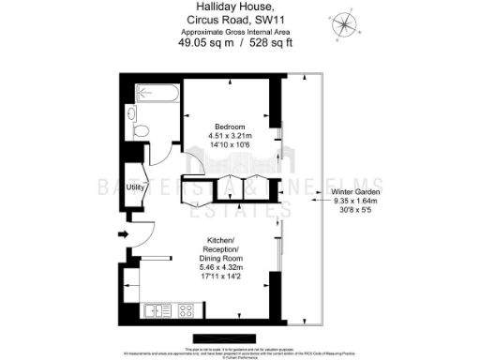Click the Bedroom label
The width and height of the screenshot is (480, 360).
[229, 127]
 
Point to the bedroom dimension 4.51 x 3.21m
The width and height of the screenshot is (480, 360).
[229, 136]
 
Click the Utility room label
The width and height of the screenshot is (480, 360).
[134, 187]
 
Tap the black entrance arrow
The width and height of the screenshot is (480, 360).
[122, 235]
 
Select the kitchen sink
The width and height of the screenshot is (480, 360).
[155, 309]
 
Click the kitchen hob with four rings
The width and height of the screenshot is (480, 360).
[186, 309]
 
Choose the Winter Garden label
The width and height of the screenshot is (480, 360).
[354, 192]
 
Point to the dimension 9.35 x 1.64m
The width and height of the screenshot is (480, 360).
[354, 201]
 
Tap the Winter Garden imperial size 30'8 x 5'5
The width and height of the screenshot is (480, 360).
[354, 210]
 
